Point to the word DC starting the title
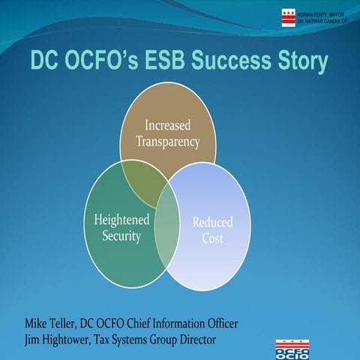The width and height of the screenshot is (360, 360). pyautogui.click(x=46, y=62)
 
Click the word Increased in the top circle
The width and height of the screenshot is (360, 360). pyautogui.click(x=168, y=124)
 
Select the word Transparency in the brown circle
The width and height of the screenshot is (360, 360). pyautogui.click(x=168, y=140)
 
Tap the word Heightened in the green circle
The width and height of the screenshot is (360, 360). pyautogui.click(x=121, y=220)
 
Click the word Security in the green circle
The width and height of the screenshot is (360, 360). pyautogui.click(x=121, y=236)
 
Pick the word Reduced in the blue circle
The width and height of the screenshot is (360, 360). pyautogui.click(x=212, y=223)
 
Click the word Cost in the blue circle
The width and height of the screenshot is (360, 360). pyautogui.click(x=212, y=238)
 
